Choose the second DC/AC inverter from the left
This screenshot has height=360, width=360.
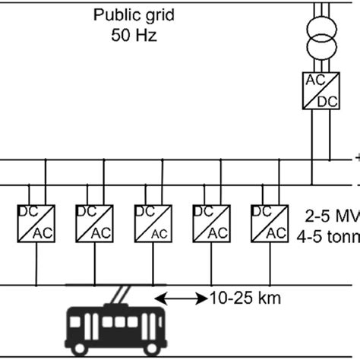tap(93, 220)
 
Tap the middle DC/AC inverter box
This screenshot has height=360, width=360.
tap(151, 220)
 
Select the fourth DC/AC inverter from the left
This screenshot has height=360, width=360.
tap(210, 220)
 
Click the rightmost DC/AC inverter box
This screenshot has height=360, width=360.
tap(268, 220)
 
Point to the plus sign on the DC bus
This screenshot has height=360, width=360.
tap(355, 159)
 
